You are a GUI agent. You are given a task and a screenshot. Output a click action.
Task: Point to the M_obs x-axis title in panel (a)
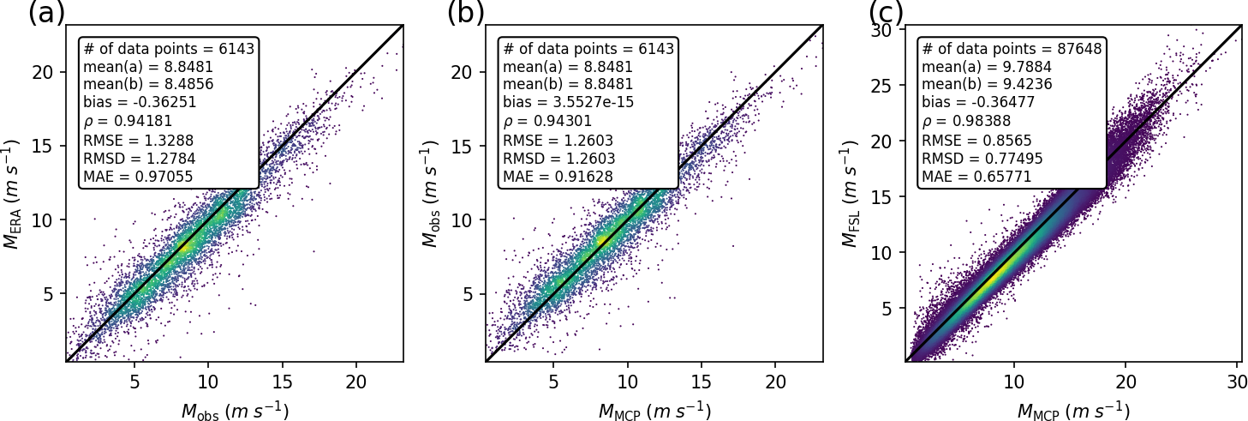tap(235, 411)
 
